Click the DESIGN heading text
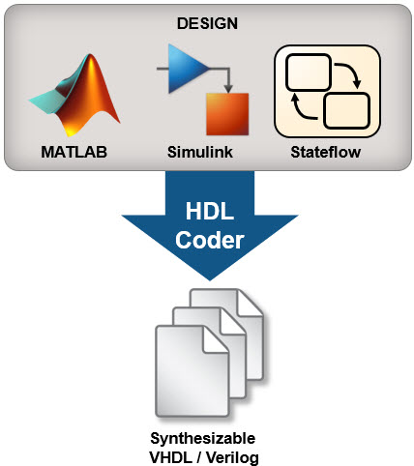(207, 23)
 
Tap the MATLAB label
(74, 152)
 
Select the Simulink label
(200, 152)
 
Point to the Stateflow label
(326, 152)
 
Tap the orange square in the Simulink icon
(227, 114)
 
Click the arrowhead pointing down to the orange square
(228, 89)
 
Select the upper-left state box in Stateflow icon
(309, 73)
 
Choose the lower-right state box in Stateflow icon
(346, 110)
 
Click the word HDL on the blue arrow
(210, 212)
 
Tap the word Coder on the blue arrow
(210, 241)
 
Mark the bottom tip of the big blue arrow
(210, 280)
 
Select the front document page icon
(192, 371)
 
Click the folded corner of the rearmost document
(249, 303)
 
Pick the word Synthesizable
(203, 438)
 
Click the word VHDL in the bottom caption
(170, 457)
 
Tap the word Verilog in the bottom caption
(232, 457)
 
